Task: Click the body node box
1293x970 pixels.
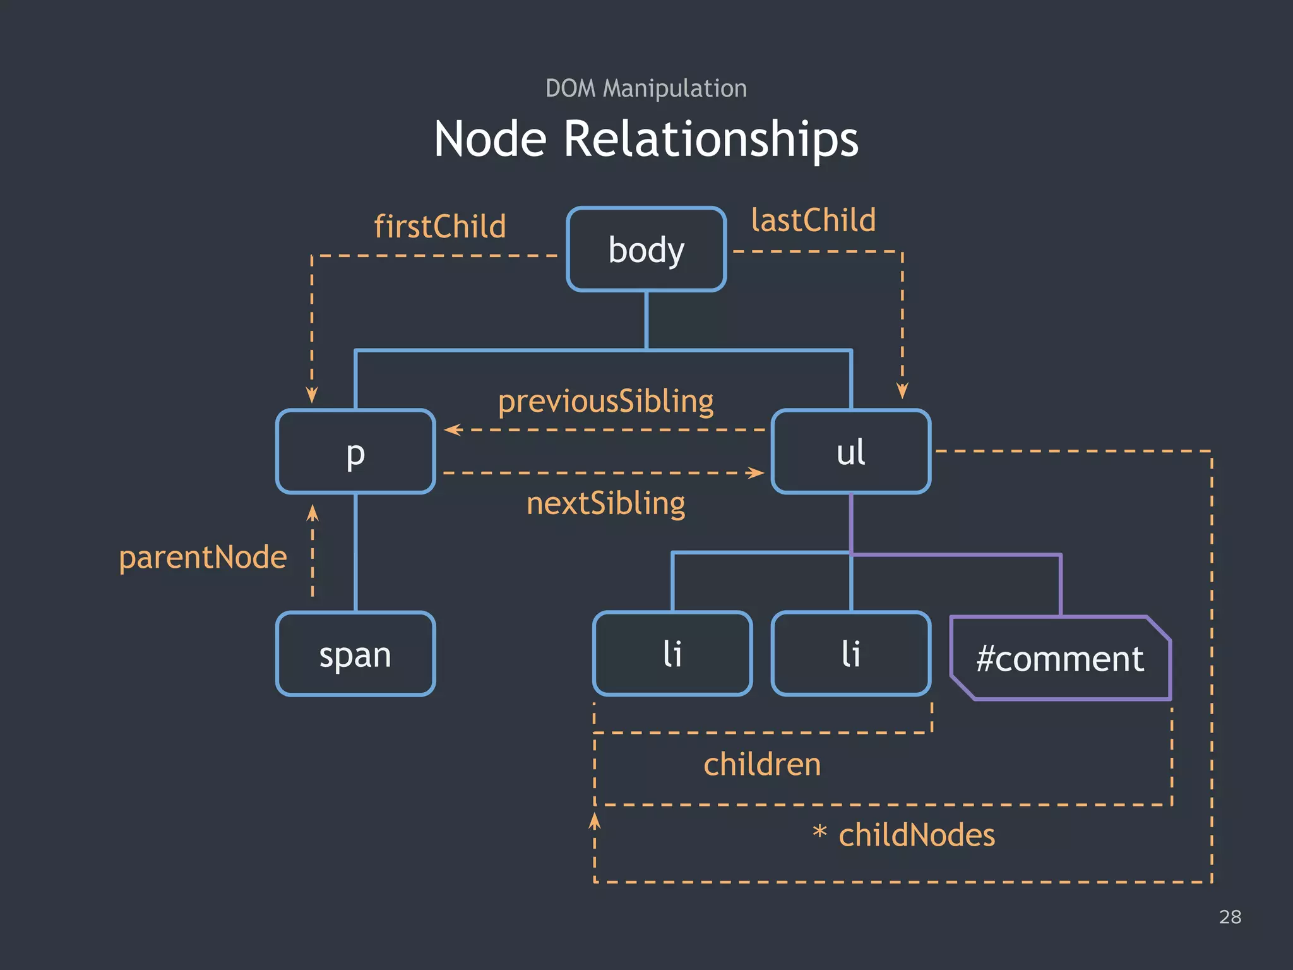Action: (646, 249)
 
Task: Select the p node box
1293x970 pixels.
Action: (355, 452)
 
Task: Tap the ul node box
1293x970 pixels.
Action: (850, 452)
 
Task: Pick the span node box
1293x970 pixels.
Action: (355, 654)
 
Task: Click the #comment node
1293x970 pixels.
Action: (1060, 658)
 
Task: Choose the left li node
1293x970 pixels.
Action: (672, 654)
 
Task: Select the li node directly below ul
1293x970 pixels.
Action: (850, 654)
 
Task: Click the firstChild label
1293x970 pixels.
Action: (440, 226)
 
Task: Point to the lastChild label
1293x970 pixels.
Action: (813, 220)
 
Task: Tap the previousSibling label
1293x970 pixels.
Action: (605, 402)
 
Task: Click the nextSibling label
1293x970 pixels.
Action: (605, 503)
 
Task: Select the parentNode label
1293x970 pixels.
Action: (203, 557)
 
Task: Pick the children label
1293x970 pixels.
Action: (762, 764)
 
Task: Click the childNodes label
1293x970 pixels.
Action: (916, 835)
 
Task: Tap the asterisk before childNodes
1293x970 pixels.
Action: (819, 832)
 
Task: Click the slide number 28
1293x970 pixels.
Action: (1230, 917)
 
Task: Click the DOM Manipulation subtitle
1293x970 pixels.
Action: (646, 88)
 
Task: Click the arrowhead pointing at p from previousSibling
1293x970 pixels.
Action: (451, 430)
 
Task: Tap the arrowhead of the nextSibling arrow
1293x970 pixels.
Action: (756, 472)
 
